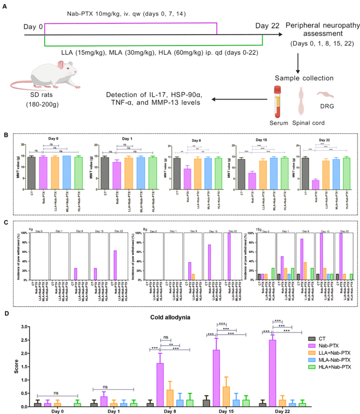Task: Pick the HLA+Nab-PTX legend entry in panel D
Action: pos(326,367)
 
